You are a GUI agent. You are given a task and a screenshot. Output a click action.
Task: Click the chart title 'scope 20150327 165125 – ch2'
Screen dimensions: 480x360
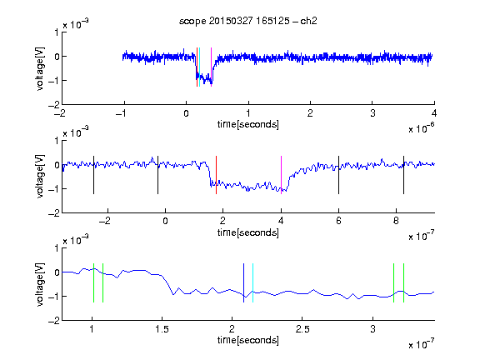coord(248,21)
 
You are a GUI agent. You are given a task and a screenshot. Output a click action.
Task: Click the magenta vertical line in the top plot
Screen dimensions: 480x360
coord(211,67)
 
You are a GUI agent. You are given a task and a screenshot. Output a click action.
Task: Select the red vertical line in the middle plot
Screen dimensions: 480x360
coord(216,175)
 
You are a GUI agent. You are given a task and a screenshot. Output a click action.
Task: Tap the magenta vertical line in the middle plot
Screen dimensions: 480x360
coord(281,175)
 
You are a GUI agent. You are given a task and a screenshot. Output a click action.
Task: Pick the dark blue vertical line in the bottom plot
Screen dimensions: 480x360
coord(243,282)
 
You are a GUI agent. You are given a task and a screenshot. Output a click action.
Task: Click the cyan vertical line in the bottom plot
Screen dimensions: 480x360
coord(252,282)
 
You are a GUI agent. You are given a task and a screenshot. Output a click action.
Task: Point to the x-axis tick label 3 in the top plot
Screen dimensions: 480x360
coord(372,113)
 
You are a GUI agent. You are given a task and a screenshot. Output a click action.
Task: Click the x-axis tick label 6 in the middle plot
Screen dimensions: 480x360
coord(338,221)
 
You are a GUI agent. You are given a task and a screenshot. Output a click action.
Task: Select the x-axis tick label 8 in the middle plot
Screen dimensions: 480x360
coord(396,221)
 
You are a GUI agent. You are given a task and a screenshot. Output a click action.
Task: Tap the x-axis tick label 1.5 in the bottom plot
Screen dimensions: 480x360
coord(162,329)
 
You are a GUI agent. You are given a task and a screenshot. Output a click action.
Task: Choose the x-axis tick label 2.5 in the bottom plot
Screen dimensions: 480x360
coord(302,329)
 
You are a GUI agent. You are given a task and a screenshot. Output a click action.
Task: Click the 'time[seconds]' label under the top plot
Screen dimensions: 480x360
coord(248,124)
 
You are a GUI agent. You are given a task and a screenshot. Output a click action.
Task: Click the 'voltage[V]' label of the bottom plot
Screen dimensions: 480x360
coord(40,284)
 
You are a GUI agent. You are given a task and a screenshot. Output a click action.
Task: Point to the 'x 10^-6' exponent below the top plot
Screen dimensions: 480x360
coord(422,128)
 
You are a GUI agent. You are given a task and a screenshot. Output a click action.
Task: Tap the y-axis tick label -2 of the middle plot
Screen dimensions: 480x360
coord(54,213)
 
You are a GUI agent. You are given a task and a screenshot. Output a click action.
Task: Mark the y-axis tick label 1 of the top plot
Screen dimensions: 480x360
coord(57,32)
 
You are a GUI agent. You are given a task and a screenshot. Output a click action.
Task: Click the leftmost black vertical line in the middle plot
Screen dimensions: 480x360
coord(93,175)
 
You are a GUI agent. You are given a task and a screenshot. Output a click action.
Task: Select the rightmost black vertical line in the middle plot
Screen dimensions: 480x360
coord(403,175)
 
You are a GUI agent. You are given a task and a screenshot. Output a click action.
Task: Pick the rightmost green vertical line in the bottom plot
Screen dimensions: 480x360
coord(404,282)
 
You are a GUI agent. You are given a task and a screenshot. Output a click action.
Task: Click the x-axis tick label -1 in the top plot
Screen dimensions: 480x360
coord(121,113)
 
